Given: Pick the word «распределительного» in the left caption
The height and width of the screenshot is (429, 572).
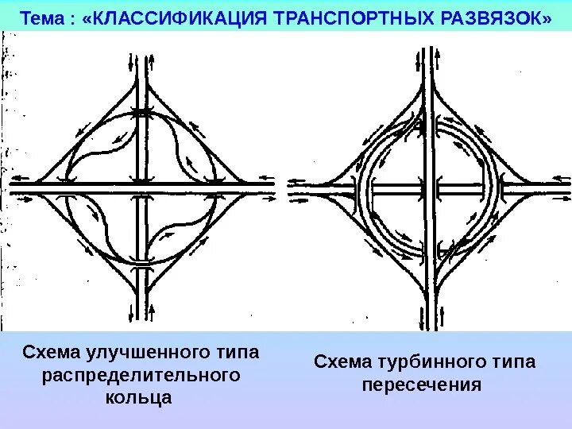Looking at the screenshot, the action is point(140,374).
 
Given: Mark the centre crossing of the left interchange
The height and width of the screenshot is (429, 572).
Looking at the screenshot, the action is point(141,188).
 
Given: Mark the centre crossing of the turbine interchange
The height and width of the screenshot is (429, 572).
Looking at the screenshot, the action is point(432,189).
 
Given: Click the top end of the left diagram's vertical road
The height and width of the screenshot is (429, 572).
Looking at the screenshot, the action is point(141,56).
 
